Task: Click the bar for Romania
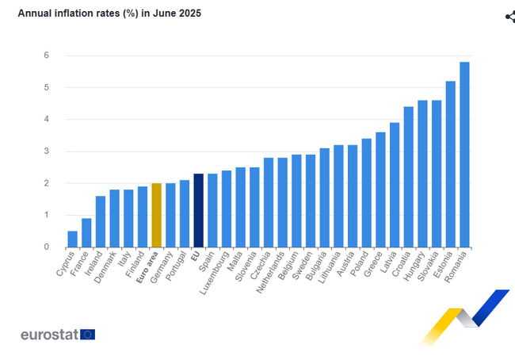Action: (464, 155)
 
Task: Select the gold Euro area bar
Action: (156, 215)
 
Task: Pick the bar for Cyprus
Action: (73, 239)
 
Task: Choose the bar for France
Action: (86, 232)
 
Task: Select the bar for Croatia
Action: (408, 177)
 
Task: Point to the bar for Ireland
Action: (101, 221)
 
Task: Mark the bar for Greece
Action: (380, 190)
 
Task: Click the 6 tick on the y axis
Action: (47, 56)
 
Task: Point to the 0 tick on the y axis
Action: (47, 247)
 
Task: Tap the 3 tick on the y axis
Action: (47, 151)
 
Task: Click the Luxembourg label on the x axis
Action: (216, 270)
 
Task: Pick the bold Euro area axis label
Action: (146, 269)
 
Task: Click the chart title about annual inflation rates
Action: (109, 13)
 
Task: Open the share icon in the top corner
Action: (509, 17)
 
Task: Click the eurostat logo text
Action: (49, 335)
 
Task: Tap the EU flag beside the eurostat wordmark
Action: (87, 335)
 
